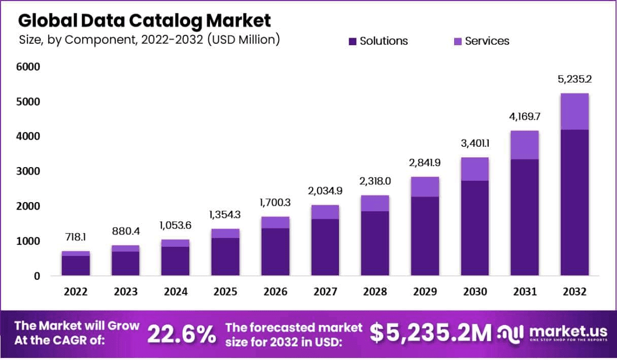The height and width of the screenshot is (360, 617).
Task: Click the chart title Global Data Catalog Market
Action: click(145, 20)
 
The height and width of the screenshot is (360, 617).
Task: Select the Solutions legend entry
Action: click(378, 41)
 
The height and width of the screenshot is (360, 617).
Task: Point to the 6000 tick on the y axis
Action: click(29, 67)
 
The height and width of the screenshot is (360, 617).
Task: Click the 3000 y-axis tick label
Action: click(29, 172)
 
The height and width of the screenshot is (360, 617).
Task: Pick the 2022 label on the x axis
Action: click(76, 292)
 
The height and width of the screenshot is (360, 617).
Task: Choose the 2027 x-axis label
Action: click(325, 292)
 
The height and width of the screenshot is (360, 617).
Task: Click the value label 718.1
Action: click(76, 238)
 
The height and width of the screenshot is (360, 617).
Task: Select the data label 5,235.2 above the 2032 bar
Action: click(574, 79)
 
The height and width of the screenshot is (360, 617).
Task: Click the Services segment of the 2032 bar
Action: click(574, 112)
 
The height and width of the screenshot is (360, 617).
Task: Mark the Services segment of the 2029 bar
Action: click(425, 187)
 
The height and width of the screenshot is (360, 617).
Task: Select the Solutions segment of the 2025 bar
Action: click(225, 256)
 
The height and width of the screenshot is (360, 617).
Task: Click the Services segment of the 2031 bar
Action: click(525, 145)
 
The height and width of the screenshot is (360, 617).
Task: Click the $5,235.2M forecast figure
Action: click(430, 333)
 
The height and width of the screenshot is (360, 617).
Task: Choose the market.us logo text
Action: click(568, 331)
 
